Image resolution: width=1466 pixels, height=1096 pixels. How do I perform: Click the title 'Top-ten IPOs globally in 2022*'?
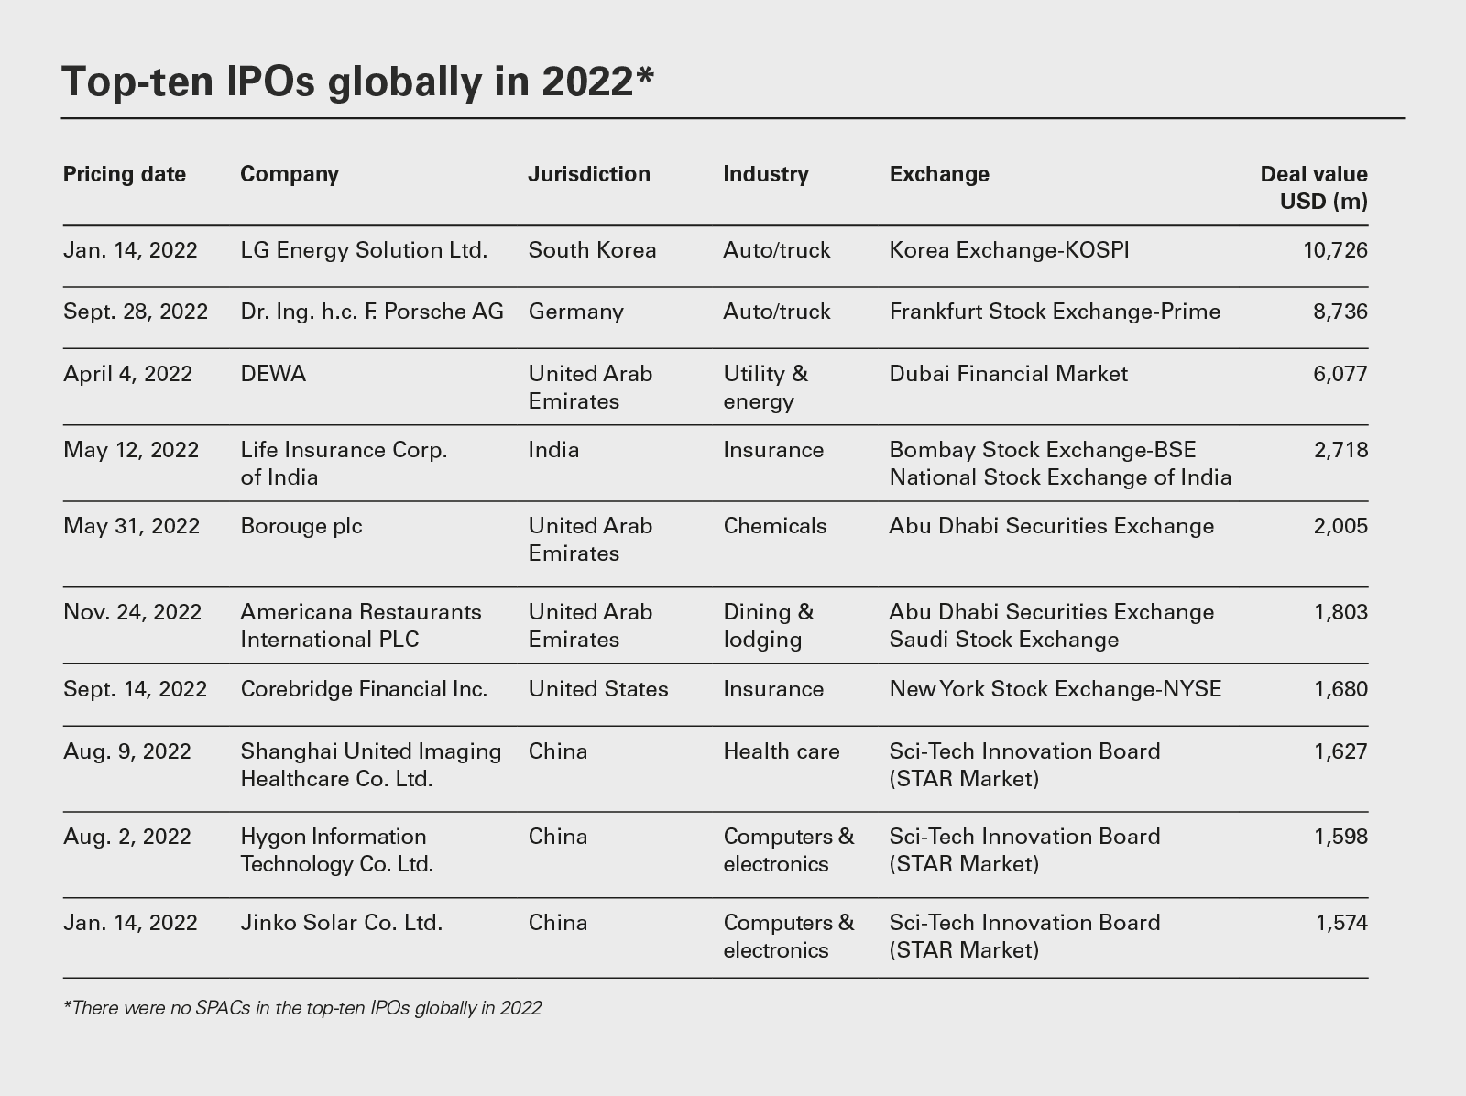[357, 82]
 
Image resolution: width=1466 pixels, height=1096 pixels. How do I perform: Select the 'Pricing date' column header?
[125, 174]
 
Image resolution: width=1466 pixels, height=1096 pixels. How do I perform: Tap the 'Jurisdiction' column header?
[589, 174]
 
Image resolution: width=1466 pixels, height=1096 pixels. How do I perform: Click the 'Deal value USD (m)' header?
[1313, 187]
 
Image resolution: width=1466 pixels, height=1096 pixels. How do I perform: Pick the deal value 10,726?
[1335, 250]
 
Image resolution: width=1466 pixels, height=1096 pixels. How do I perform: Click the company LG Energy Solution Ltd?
[364, 250]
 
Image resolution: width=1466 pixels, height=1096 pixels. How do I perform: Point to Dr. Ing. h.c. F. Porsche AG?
[372, 312]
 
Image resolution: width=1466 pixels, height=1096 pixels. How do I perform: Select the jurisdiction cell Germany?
[575, 312]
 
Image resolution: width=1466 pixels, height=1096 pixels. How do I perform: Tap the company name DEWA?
[273, 374]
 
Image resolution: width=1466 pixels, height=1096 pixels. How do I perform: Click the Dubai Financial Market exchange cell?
[1008, 374]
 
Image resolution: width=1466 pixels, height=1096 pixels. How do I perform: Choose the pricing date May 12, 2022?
[131, 450]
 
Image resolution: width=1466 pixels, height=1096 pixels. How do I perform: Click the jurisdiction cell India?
[553, 450]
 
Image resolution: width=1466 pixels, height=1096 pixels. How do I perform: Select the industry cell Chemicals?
[774, 526]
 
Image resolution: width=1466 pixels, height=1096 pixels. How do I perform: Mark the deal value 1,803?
[1340, 612]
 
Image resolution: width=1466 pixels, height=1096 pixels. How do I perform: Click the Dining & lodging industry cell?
[768, 626]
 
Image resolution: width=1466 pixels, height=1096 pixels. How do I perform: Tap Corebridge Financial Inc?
[364, 689]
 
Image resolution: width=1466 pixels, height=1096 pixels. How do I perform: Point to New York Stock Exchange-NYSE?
[1055, 689]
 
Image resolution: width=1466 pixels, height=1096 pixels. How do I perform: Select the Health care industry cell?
[781, 751]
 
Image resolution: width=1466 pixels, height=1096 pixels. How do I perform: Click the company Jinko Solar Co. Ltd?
[341, 923]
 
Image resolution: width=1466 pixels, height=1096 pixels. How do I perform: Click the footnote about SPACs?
[302, 1008]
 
